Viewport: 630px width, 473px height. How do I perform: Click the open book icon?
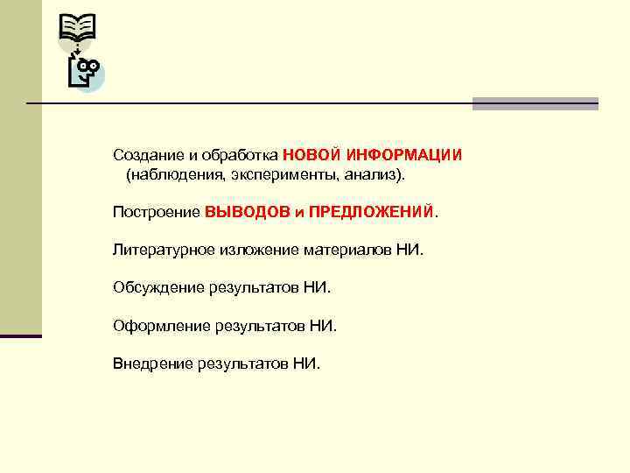pos(77,32)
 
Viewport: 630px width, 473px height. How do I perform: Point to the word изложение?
pos(258,251)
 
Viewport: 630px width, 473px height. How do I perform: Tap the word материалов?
pos(344,251)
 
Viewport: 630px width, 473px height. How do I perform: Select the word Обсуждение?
pos(158,287)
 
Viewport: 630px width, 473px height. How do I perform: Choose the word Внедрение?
pos(153,363)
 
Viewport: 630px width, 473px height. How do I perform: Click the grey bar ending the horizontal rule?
pos(535,103)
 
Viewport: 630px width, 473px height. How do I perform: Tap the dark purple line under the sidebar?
pos(21,335)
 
